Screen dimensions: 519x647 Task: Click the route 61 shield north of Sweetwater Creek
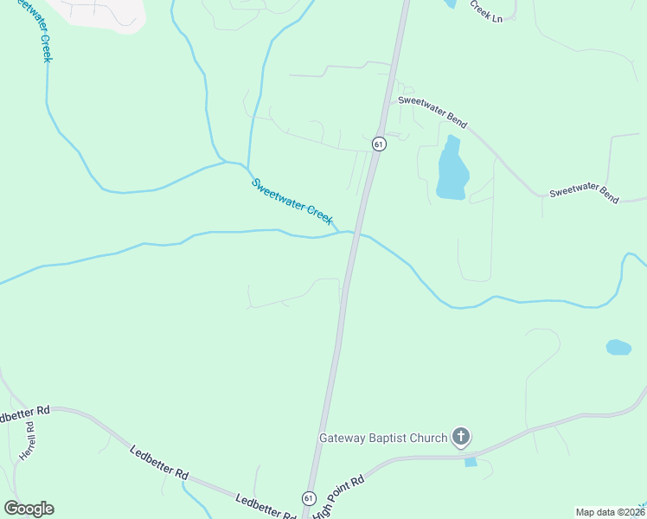378,144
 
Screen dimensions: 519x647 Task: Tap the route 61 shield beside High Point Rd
309,498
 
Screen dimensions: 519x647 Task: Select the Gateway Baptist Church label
383,438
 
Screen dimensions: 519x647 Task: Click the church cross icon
461,437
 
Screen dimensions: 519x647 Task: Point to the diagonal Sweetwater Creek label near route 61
291,201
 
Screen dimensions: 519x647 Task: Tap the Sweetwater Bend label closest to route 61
432,112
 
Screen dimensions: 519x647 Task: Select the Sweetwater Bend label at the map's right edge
584,194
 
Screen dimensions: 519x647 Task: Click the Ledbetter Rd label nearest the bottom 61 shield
265,507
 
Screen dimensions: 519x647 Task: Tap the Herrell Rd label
28,440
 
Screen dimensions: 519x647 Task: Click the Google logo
29,509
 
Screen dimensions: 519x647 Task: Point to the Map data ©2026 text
609,512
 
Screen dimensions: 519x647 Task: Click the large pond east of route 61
452,170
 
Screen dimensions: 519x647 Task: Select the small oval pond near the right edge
618,347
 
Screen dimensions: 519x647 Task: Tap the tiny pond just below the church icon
470,462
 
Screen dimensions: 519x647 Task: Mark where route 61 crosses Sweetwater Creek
354,234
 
